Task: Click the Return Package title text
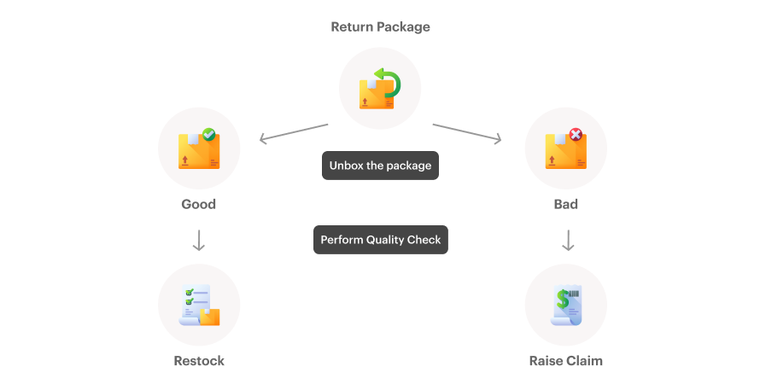(x=380, y=26)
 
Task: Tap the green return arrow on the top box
(x=389, y=84)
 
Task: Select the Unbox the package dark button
(x=380, y=166)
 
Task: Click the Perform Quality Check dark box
(x=380, y=240)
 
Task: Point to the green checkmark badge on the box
(x=208, y=134)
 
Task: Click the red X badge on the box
(x=576, y=134)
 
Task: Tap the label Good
(x=198, y=204)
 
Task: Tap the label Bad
(x=565, y=204)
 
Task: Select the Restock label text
(x=199, y=360)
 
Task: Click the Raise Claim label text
(x=565, y=360)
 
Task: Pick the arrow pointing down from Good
(x=199, y=241)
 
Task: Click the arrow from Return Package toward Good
(x=293, y=133)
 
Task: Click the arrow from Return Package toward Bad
(x=467, y=133)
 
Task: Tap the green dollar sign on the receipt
(x=562, y=300)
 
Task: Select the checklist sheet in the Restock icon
(x=194, y=302)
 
